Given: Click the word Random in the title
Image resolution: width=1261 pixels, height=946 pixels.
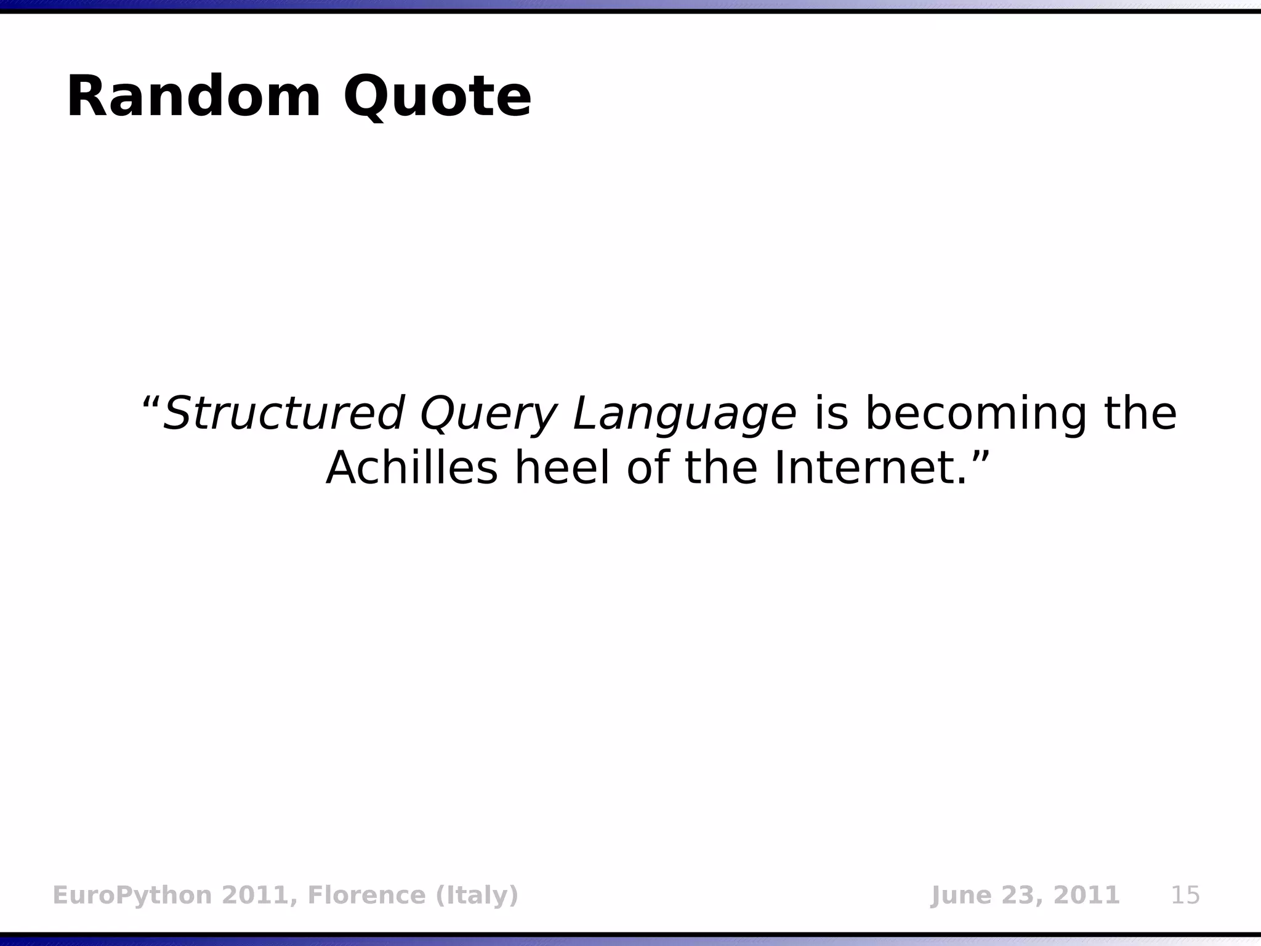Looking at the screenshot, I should coord(193,97).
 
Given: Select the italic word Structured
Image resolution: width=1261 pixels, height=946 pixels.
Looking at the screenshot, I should coord(284,413).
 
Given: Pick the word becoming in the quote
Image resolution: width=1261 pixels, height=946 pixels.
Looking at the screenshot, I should coord(976,413).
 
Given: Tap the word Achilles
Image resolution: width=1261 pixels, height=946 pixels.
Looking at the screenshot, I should coord(411,468).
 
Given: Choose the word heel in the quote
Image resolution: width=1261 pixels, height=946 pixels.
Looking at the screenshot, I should coord(562,468).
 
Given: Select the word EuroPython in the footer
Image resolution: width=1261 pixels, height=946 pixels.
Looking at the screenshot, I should coord(132,895).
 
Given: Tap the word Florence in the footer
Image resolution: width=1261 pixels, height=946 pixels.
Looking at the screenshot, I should coord(366,895).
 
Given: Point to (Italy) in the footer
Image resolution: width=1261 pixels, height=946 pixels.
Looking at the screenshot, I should coord(477,895).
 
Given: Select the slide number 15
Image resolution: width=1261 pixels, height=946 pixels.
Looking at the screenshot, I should coord(1185,895).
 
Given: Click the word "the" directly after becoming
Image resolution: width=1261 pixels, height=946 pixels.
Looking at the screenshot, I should coord(1140,413).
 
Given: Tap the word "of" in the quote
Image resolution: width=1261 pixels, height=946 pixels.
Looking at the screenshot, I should coord(647,468).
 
